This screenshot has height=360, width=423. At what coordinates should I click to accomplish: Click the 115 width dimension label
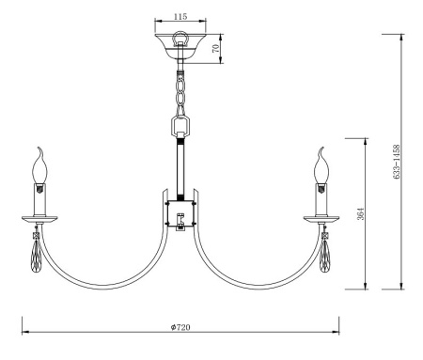(x=180, y=16)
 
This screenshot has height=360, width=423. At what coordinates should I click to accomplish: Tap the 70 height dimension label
(x=215, y=49)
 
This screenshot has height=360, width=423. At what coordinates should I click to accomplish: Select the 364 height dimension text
(x=361, y=214)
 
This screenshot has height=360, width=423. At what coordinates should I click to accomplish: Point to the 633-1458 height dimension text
(x=397, y=162)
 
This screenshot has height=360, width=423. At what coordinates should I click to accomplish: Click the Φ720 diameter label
(x=180, y=327)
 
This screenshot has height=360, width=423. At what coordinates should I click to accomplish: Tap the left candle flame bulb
(x=40, y=165)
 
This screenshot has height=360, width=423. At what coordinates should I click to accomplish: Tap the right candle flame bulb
(x=321, y=165)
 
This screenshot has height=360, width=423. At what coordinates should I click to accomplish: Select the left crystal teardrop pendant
(x=37, y=256)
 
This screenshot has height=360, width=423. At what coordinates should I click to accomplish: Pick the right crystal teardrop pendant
(x=324, y=256)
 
